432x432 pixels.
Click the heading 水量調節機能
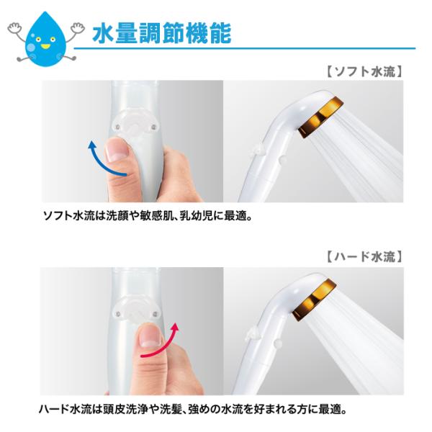point(162,33)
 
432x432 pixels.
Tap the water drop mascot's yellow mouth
point(45,46)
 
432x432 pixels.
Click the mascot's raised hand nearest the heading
point(78,29)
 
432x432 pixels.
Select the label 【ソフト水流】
point(365,71)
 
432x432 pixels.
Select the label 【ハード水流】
point(365,256)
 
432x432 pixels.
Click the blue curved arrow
point(103,161)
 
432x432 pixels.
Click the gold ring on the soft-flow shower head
point(321,117)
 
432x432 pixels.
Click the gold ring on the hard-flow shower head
point(315,300)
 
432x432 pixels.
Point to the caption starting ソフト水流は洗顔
point(148,216)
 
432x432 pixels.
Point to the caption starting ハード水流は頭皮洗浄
point(192,409)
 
